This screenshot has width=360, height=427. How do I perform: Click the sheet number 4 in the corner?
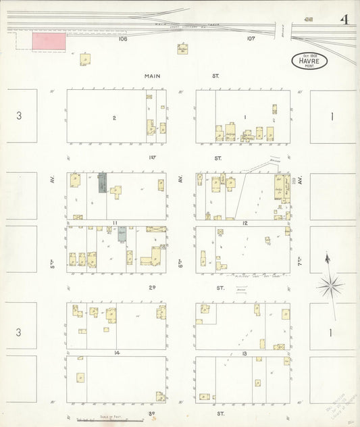pyautogui.click(x=344, y=19)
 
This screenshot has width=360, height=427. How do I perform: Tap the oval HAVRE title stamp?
pyautogui.click(x=310, y=61)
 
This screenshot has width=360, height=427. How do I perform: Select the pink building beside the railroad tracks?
pyautogui.click(x=49, y=41)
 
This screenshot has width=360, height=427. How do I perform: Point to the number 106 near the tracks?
pyautogui.click(x=122, y=39)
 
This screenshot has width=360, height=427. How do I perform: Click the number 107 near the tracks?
pyautogui.click(x=251, y=39)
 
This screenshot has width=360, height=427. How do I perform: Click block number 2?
pyautogui.click(x=114, y=118)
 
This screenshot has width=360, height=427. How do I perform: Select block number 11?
pyautogui.click(x=115, y=222)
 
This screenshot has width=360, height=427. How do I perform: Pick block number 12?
pyautogui.click(x=246, y=222)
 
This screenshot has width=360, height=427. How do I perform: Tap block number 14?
pyautogui.click(x=116, y=353)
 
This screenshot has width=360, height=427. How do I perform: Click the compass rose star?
pyautogui.click(x=329, y=286)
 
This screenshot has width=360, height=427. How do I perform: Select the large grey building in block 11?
pyautogui.click(x=102, y=182)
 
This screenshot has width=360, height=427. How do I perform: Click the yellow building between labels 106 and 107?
pyautogui.click(x=182, y=49)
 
